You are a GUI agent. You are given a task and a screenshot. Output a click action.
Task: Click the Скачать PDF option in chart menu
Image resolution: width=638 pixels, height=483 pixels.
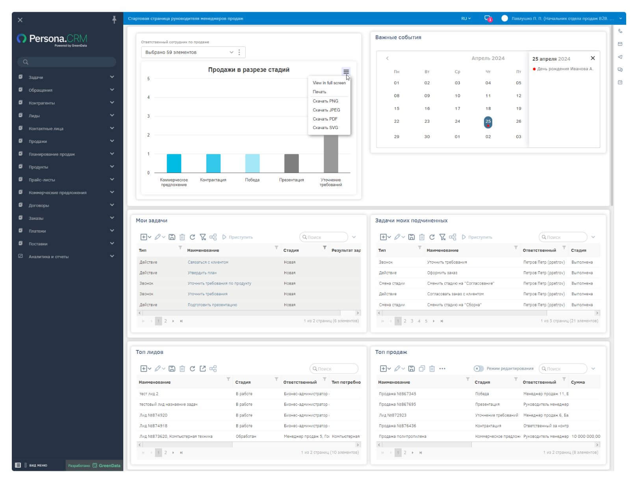point(325,119)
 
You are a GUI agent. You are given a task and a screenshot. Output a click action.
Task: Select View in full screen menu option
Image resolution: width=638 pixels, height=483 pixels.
point(329,83)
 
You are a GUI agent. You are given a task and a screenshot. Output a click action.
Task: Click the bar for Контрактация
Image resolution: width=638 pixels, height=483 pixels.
point(213,163)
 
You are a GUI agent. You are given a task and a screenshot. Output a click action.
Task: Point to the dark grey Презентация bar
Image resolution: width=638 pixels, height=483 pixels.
point(291,163)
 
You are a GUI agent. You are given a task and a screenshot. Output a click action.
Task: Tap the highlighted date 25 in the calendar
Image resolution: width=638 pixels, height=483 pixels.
point(488,122)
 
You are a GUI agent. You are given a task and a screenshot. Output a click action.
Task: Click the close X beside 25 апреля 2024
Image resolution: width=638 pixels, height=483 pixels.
point(593,58)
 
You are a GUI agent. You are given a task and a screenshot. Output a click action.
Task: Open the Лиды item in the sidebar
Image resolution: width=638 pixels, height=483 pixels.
point(34,116)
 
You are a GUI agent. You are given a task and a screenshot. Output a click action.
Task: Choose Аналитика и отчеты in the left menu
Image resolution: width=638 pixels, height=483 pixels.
point(48,257)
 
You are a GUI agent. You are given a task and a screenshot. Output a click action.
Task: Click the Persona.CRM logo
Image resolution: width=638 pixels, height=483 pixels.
point(52,39)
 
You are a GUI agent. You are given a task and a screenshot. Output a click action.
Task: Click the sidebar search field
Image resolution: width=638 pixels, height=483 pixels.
point(67,62)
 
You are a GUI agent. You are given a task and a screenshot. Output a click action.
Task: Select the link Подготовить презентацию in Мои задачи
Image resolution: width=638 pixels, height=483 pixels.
point(212,305)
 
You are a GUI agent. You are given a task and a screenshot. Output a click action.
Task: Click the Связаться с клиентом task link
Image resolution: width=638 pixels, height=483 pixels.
point(208,262)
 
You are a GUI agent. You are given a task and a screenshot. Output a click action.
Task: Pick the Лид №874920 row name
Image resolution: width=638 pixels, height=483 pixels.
point(153,415)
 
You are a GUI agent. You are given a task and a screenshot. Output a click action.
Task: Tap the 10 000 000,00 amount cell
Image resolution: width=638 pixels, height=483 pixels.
point(586,436)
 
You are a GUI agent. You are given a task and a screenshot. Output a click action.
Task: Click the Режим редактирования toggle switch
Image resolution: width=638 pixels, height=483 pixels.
point(478,369)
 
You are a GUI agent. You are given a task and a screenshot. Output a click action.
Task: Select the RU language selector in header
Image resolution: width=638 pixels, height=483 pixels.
point(466,19)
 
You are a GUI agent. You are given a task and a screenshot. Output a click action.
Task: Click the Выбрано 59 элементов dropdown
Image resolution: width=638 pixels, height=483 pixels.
point(189,52)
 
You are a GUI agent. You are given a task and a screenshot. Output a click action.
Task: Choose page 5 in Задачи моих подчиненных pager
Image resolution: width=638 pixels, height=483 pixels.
point(426,321)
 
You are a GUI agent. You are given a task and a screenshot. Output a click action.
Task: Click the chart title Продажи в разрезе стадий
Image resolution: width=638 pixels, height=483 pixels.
point(249,70)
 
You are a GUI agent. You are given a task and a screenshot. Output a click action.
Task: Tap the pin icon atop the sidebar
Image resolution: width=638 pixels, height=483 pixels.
point(114,20)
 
